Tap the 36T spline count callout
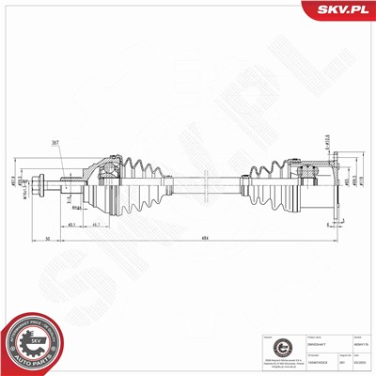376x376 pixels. (56, 143)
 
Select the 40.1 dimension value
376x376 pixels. (72, 226)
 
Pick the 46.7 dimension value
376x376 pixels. (99, 226)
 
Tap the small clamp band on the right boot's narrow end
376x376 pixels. (248, 181)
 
